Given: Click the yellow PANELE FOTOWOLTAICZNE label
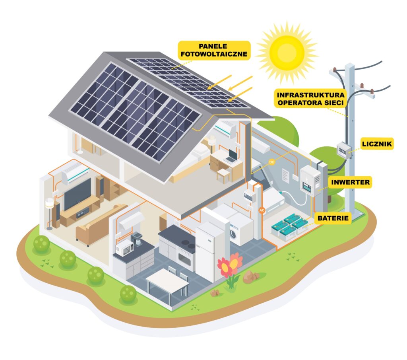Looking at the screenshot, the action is pos(214,51).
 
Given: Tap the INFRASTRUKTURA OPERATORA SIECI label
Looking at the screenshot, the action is pos(311,99).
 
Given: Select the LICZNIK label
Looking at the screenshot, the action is pos(377,144).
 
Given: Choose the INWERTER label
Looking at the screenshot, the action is pos(351,182).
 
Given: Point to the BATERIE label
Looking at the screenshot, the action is pos(333,218).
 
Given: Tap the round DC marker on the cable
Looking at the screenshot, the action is pos(272,162).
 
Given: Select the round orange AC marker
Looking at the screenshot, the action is pos(262,210).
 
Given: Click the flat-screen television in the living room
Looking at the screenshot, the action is pos(78,194).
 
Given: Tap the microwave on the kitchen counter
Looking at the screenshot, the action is pos(124,248).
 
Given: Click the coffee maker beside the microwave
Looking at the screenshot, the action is pos(137,239).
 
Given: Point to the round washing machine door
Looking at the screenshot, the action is pos(233,234).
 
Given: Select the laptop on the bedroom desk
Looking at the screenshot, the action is pos(232,156).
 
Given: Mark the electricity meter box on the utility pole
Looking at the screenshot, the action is pos(344,150).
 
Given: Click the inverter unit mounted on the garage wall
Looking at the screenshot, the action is pos(310,181).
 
